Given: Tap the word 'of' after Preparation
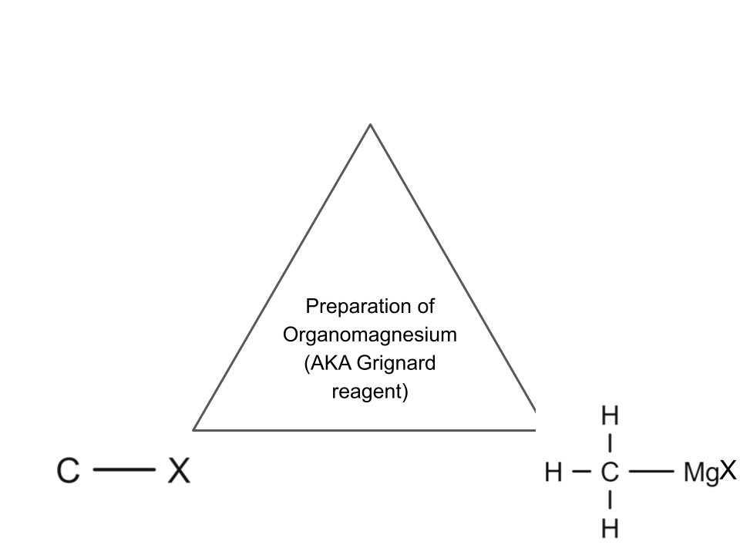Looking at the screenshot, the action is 424,307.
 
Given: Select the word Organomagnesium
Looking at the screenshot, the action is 370,335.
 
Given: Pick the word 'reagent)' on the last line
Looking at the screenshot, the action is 370,392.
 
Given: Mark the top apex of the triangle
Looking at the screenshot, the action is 371,124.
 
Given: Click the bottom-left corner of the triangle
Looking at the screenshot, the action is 193,429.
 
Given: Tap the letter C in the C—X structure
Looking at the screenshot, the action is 68,471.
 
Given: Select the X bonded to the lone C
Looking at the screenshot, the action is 179,470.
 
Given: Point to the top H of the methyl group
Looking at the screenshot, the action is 610,416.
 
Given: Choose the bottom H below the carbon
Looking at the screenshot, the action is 610,528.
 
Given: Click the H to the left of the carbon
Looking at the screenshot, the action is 553,472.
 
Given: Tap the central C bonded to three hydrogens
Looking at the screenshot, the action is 610,472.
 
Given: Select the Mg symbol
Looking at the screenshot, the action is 701,473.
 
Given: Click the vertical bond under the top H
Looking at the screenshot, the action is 610,444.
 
